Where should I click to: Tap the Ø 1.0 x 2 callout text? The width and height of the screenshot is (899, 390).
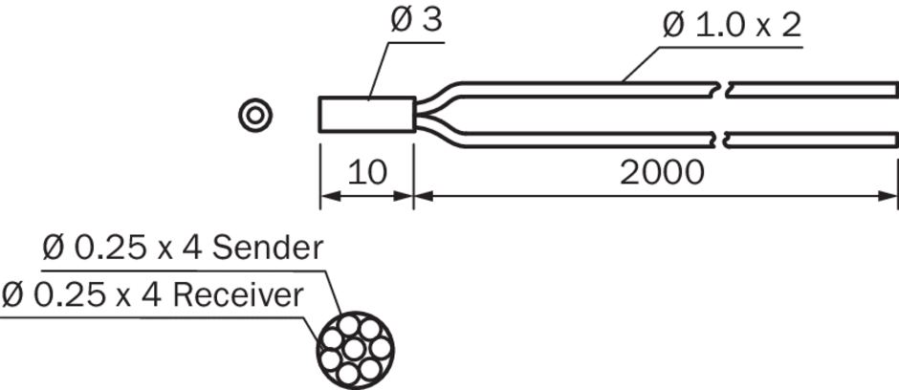732,25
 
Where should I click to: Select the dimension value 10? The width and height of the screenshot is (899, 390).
365,173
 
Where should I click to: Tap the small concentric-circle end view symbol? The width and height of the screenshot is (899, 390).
255,115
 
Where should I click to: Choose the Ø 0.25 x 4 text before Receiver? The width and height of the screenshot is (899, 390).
82,294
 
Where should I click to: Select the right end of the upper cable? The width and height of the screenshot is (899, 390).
895,89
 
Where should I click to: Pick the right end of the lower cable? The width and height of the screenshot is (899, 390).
895,140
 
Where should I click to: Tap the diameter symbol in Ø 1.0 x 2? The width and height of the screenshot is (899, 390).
673,25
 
